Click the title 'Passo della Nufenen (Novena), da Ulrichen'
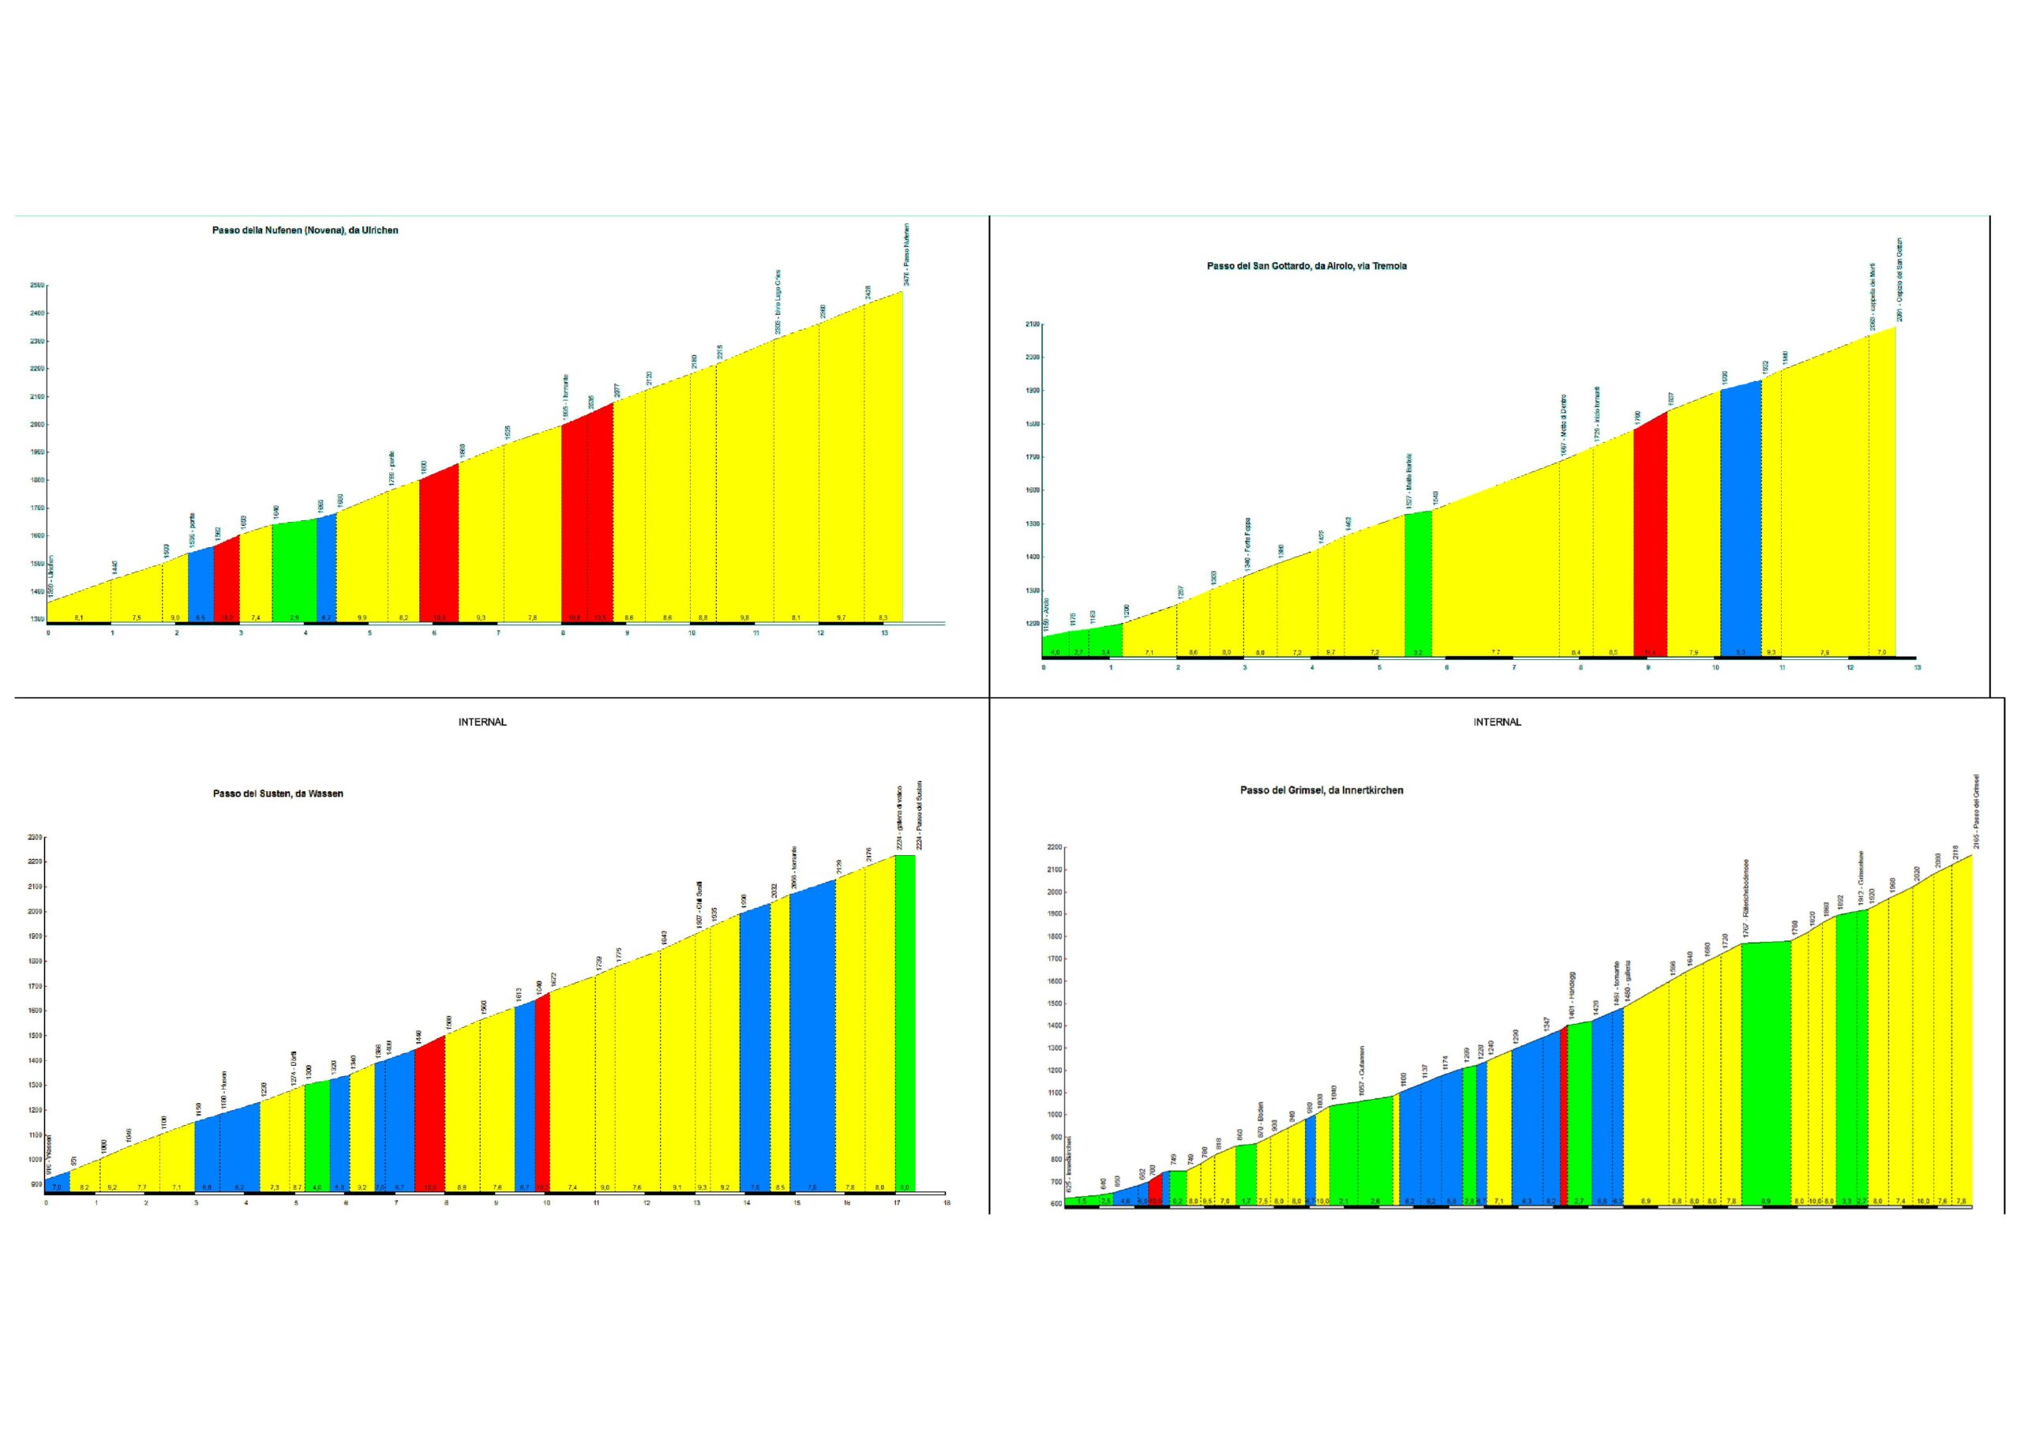point(305,231)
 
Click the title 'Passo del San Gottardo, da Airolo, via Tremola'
point(1307,266)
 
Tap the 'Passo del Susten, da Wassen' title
point(278,793)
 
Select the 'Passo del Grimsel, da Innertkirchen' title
point(1322,790)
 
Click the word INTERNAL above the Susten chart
point(482,722)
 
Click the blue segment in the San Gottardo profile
point(1740,519)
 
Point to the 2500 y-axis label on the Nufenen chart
point(37,285)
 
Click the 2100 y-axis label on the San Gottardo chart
point(1033,325)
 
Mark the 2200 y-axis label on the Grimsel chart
point(1055,848)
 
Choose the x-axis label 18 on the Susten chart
point(947,1202)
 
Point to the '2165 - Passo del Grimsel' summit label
point(1976,812)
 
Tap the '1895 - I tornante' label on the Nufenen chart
point(566,396)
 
